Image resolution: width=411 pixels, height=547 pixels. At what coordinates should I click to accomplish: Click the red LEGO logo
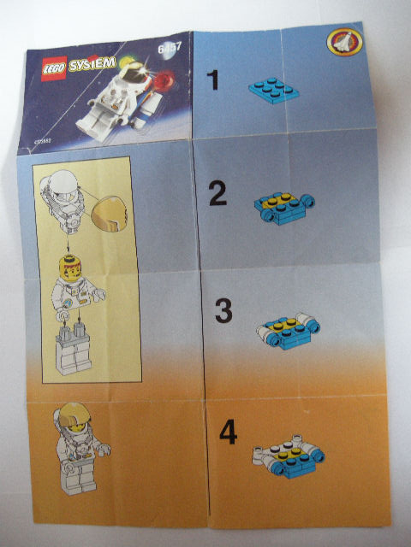pyautogui.click(x=50, y=68)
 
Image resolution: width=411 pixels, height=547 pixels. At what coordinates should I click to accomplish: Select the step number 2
pyautogui.click(x=218, y=196)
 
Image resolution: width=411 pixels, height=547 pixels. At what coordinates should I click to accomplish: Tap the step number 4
pyautogui.click(x=227, y=432)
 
